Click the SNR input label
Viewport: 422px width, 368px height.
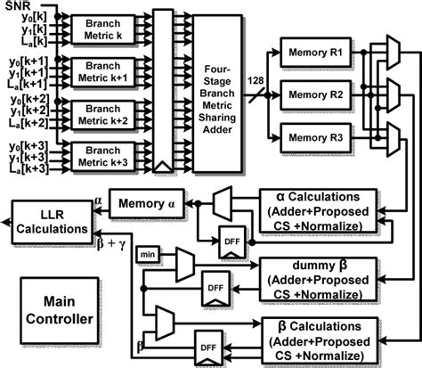coord(18,5)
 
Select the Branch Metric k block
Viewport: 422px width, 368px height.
coord(103,29)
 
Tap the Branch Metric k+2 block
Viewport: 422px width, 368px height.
coord(103,115)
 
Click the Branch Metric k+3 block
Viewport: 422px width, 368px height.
coord(103,157)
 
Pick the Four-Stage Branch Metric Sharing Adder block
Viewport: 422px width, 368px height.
coord(217,94)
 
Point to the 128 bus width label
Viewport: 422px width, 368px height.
coord(256,80)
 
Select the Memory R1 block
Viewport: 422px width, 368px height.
coord(316,53)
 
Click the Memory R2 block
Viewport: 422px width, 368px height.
coord(316,95)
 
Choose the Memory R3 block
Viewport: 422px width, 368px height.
coord(316,138)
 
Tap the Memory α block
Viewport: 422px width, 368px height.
coord(147,204)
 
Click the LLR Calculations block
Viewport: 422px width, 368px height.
coord(52,222)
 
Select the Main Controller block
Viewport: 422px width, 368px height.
coord(60,310)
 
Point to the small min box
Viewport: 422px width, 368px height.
coord(148,255)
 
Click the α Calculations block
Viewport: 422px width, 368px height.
coord(318,211)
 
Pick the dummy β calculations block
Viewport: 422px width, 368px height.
coord(318,280)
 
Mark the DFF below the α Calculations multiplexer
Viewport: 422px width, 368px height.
coord(232,241)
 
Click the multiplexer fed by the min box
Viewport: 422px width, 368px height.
coord(185,266)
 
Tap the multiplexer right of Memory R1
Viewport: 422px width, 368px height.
coord(394,53)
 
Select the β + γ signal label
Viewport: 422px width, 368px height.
coord(111,243)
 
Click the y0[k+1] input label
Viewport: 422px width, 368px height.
coord(28,61)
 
